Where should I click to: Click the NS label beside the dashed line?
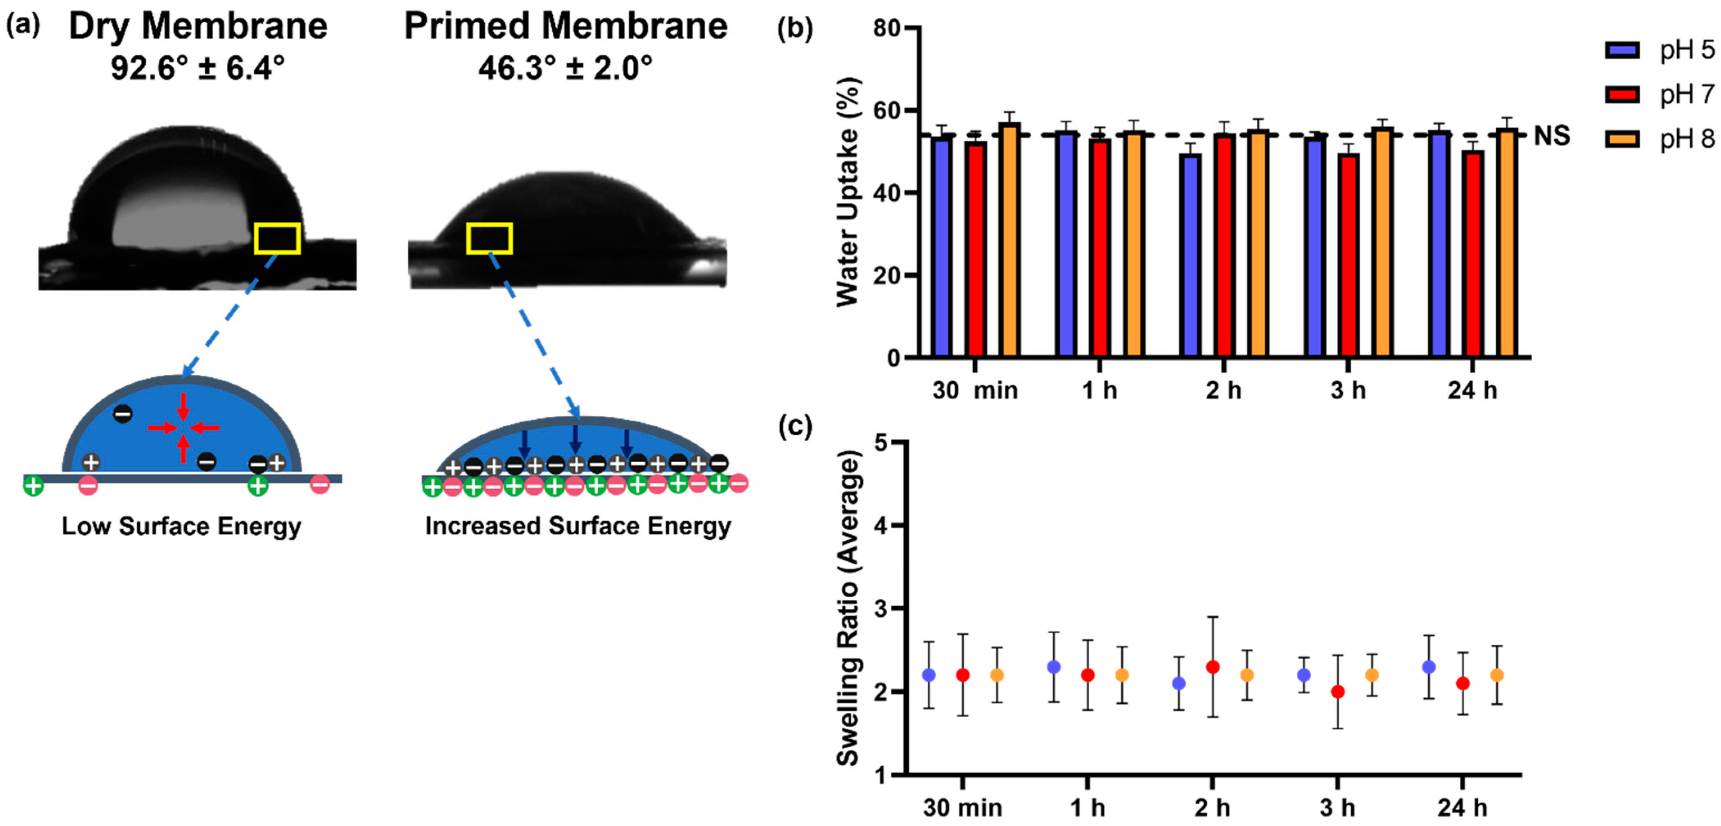(x=1551, y=136)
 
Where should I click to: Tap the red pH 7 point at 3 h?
(x=1337, y=692)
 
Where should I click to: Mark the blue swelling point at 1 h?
(x=1054, y=667)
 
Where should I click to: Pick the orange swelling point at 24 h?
(x=1497, y=675)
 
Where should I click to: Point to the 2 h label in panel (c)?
(x=1212, y=808)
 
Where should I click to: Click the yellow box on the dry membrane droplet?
(x=277, y=239)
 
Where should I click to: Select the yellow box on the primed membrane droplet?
(x=489, y=239)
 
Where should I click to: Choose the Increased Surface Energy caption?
(x=578, y=526)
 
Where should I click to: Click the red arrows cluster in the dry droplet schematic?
(x=183, y=428)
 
